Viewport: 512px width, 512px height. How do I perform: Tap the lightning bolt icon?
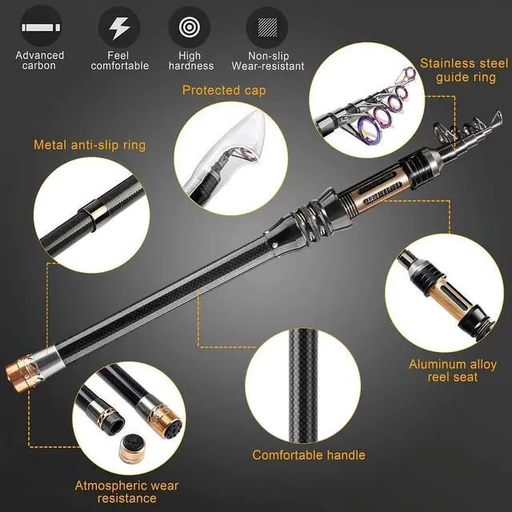(x=119, y=28)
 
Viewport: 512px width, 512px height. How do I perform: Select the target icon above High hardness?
(x=190, y=28)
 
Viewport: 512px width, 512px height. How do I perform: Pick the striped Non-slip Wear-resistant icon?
(x=268, y=28)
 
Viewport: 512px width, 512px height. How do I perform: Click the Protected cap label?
(x=224, y=90)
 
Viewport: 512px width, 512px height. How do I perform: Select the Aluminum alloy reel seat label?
(x=454, y=370)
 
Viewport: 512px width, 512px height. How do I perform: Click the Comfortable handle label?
(x=309, y=455)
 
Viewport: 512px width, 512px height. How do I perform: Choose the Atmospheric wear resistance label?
(x=126, y=491)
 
